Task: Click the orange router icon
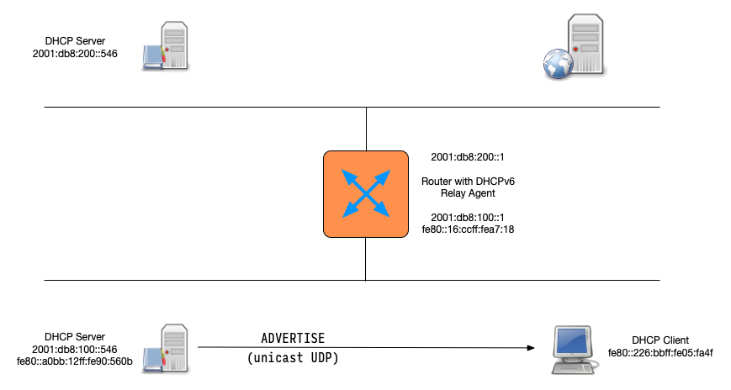(366, 193)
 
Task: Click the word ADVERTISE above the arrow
(292, 338)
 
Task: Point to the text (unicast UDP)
(292, 357)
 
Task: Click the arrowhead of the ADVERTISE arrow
(532, 347)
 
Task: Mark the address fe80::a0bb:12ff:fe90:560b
(74, 361)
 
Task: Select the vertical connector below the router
(366, 258)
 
